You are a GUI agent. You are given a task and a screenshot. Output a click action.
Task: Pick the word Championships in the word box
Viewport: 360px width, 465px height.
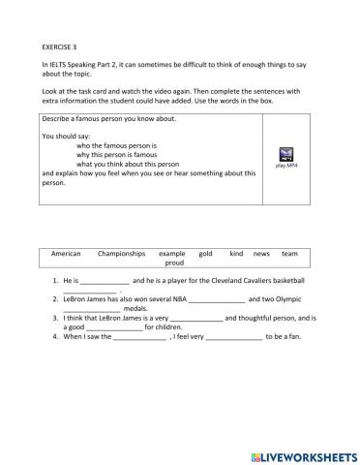click(x=121, y=252)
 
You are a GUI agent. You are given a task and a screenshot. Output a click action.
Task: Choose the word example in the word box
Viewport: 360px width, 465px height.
click(x=171, y=252)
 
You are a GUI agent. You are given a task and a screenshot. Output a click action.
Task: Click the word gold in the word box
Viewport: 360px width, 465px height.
click(x=205, y=252)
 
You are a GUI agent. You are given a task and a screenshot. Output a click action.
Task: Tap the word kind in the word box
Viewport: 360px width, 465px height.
click(x=236, y=252)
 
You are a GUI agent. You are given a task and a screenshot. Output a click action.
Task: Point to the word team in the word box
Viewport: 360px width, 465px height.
click(x=289, y=252)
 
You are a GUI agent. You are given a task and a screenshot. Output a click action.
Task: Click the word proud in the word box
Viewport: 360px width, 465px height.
click(x=174, y=263)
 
